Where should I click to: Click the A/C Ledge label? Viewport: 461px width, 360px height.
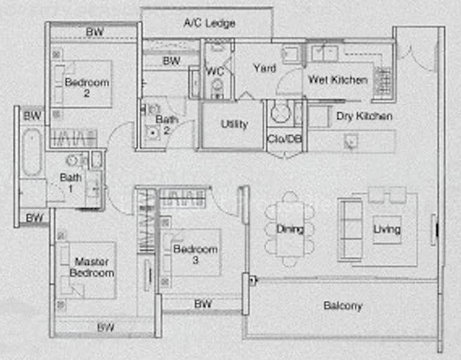(209, 23)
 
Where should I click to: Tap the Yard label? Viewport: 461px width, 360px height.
(265, 68)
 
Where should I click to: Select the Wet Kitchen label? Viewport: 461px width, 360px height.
(338, 80)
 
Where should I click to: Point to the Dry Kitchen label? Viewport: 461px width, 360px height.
(364, 116)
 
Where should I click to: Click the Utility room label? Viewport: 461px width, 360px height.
(234, 124)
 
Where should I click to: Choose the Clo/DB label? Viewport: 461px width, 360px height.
(285, 139)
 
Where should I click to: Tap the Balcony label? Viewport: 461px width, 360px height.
(343, 306)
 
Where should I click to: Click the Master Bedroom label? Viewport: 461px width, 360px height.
(92, 267)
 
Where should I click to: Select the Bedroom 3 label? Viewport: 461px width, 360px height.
(195, 254)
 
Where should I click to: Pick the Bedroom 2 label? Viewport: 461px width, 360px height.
(86, 87)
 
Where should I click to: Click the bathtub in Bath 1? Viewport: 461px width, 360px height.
(32, 152)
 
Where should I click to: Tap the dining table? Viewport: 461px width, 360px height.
(290, 229)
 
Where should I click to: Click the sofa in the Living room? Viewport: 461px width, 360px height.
(350, 230)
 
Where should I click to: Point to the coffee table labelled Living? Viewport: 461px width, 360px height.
(387, 230)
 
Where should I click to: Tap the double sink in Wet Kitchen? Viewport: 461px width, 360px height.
(325, 53)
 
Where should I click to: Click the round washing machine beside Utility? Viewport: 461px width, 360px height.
(281, 113)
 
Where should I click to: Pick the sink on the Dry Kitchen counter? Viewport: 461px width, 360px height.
(351, 142)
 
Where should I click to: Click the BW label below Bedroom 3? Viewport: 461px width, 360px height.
(203, 304)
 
